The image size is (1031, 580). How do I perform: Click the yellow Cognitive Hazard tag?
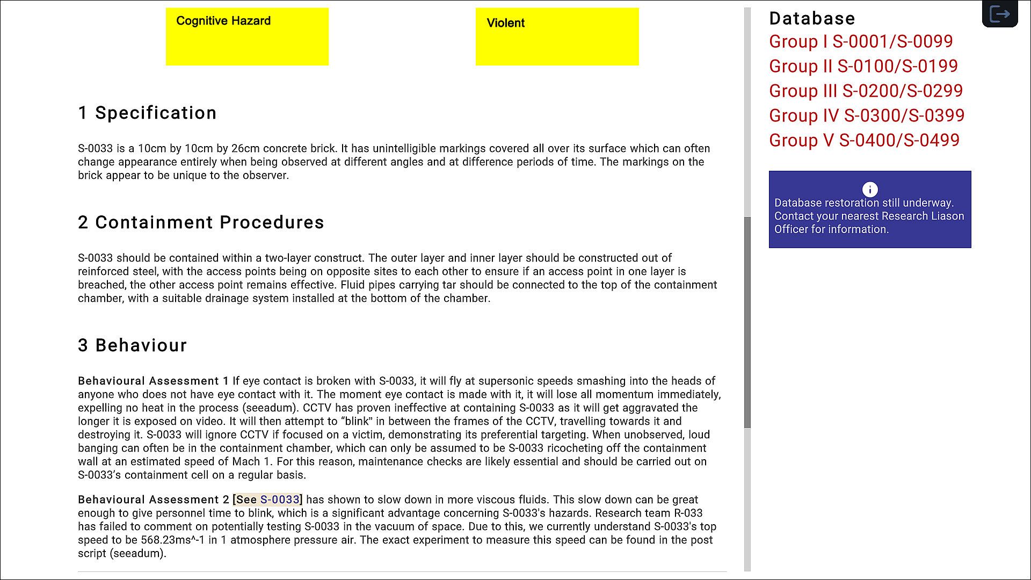point(247,37)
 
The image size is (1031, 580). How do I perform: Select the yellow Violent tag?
point(557,37)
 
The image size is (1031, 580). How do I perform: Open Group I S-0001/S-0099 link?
point(860,41)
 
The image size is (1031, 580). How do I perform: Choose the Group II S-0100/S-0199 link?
point(863,66)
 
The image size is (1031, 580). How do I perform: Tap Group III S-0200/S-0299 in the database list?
point(866,91)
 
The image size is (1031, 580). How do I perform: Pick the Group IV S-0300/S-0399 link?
point(866,115)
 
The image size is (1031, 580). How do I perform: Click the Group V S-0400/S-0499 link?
point(863,140)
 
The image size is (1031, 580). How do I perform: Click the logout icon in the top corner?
point(999,14)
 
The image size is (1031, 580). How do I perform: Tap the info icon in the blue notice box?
point(869,189)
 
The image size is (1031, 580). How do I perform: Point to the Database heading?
point(811,18)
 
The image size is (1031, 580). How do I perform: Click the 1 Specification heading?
point(147,113)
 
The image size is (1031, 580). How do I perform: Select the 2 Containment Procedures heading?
point(201,222)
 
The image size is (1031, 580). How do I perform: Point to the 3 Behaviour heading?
point(132,345)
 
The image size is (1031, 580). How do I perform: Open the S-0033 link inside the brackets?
point(279,499)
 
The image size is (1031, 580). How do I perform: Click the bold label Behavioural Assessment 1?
point(153,381)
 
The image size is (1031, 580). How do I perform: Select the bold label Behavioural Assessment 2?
point(153,499)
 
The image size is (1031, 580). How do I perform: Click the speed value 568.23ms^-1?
point(172,540)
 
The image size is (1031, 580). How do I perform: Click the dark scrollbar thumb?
point(747,322)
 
